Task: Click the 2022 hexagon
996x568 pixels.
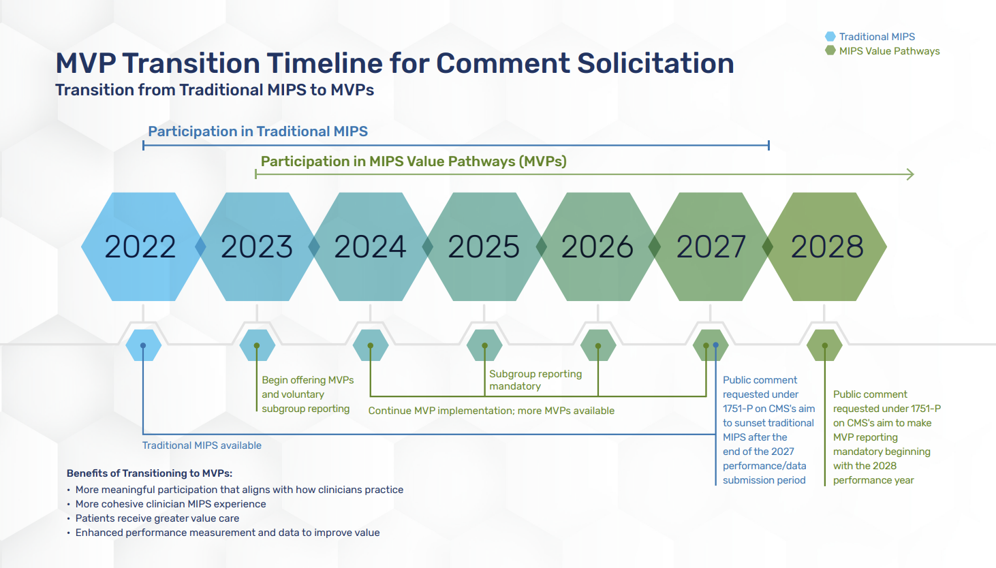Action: (140, 247)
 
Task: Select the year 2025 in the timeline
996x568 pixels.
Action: (484, 247)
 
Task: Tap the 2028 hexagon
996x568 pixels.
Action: (827, 247)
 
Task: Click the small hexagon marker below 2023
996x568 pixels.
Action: (257, 345)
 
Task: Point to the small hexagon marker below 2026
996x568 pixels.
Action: (598, 345)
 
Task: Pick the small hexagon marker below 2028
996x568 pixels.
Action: (824, 345)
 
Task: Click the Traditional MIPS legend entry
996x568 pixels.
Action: (876, 37)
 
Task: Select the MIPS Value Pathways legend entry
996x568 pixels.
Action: (888, 51)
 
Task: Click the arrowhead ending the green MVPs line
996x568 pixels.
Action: (910, 174)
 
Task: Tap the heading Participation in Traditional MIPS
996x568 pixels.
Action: (258, 131)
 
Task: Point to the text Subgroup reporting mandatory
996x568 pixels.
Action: (535, 380)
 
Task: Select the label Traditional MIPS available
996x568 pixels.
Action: (202, 445)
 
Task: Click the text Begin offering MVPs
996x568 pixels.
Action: (307, 380)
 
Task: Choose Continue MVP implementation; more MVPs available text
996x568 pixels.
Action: (491, 411)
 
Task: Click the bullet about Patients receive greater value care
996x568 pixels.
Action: (157, 518)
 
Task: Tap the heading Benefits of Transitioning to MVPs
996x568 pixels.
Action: (149, 473)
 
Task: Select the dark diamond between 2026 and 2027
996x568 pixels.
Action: (655, 247)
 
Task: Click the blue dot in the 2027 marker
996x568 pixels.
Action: (715, 345)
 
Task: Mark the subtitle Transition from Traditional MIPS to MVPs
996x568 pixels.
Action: (215, 90)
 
